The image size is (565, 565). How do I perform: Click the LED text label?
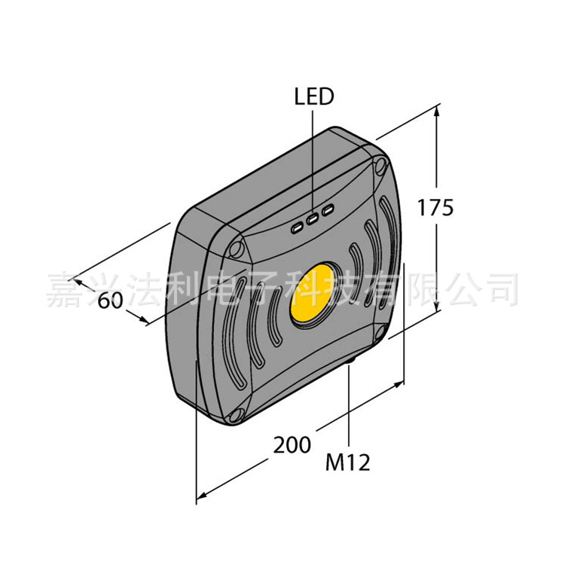pos(313,97)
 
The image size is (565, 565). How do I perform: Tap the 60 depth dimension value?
pos(111,299)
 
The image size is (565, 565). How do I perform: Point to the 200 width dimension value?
pos(292,445)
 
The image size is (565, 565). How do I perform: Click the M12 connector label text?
pos(347,462)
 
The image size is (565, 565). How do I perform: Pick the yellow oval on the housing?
pos(312,293)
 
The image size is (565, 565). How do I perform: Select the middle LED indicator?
pos(311,220)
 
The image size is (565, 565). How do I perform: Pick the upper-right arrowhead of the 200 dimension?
pos(401,383)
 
